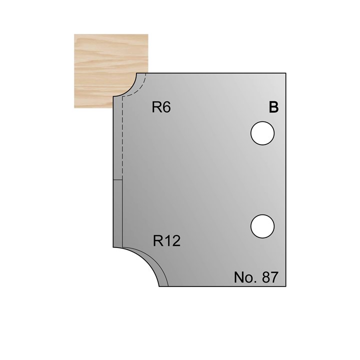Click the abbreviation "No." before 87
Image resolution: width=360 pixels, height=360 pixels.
pos(244,277)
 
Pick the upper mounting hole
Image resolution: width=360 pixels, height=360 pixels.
pos(262,134)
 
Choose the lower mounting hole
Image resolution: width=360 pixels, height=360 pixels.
pos(262,225)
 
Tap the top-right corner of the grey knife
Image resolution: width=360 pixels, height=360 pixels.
pos(285,73)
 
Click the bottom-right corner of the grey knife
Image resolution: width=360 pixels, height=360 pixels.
pos(285,286)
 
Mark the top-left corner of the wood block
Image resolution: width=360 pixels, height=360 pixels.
pos(75,34)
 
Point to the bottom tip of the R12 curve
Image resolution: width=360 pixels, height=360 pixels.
pos(159,286)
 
